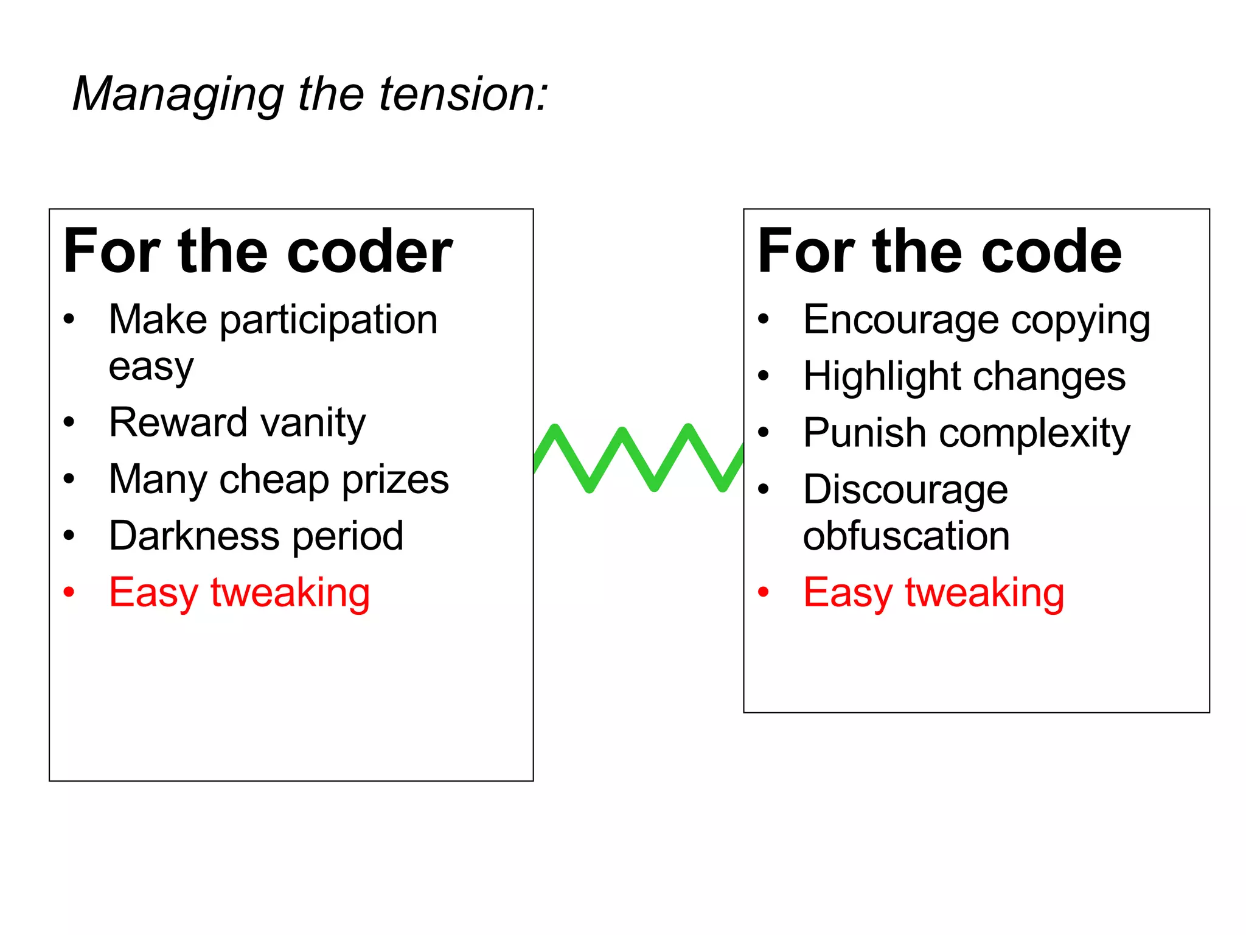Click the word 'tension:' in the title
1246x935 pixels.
464,95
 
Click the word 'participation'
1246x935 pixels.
329,321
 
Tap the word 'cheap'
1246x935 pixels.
274,481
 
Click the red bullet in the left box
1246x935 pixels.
69,591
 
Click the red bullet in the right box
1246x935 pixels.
764,591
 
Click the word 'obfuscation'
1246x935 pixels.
906,536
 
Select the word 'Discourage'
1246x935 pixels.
905,491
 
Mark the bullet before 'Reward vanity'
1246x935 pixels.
69,422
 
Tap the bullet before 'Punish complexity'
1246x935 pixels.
764,432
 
